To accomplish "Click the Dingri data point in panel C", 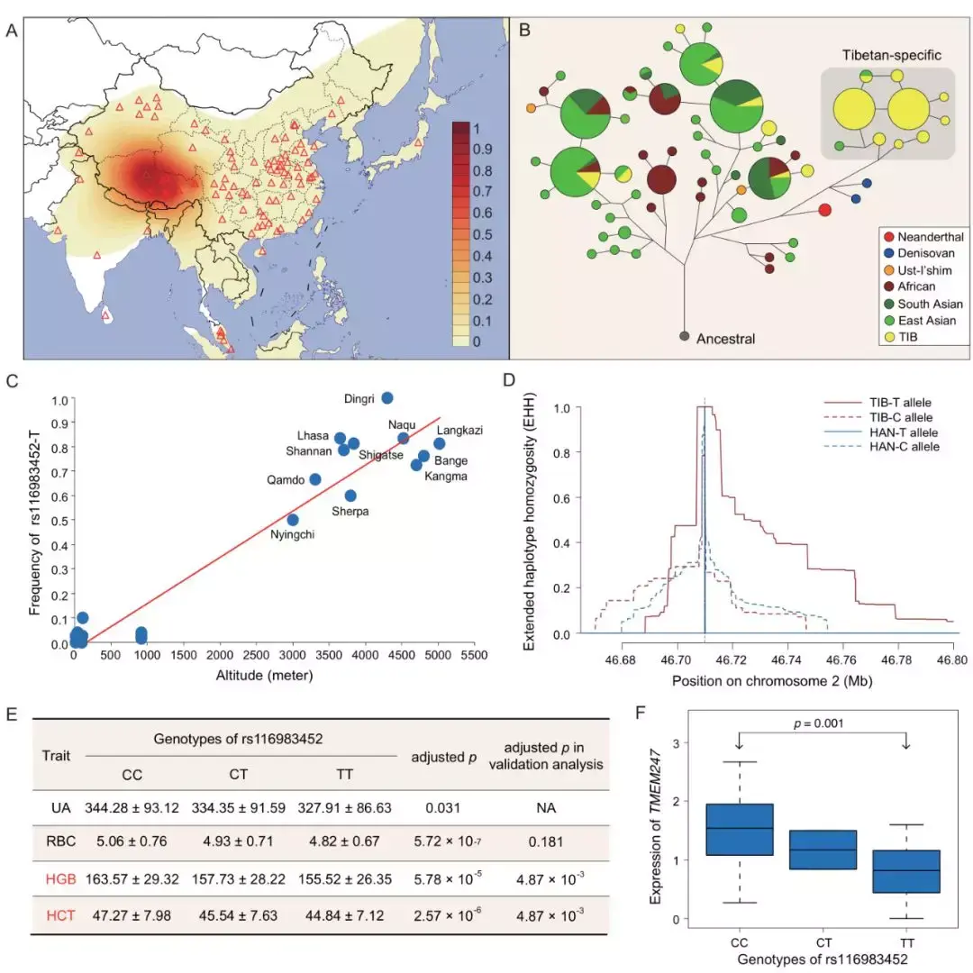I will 387,397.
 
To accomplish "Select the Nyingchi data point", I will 293,520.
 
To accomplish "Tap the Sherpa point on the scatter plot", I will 350,496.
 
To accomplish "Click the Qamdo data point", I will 315,479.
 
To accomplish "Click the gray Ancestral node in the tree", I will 685,336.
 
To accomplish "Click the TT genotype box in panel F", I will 906,871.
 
